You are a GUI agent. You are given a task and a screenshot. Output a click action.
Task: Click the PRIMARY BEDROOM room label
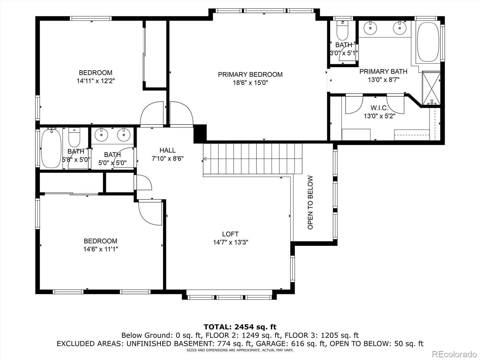point(250,74)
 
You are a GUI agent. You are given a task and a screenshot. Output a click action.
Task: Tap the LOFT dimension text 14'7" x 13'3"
point(230,242)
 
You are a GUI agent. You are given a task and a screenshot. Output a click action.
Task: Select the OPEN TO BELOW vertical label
point(310,202)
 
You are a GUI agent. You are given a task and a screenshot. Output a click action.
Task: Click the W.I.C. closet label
point(379,108)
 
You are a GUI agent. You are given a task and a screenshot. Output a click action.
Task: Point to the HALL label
point(167,150)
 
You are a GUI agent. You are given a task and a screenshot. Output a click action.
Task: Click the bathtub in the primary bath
point(428,42)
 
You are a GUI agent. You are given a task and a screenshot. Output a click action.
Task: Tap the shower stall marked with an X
point(431,88)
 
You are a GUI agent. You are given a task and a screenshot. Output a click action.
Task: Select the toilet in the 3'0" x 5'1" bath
point(342,31)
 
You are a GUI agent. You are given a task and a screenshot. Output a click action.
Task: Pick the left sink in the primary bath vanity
point(370,28)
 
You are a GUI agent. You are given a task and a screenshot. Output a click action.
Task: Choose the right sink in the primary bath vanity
point(400,28)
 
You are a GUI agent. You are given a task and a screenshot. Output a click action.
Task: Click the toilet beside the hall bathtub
point(74,137)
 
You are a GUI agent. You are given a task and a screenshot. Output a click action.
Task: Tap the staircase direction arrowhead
point(205,159)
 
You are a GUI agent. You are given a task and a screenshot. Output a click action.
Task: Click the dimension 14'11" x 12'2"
point(96,81)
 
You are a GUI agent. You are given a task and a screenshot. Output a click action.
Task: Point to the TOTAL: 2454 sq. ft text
point(240,327)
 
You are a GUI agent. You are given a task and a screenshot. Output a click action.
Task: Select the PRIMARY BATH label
point(383,71)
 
